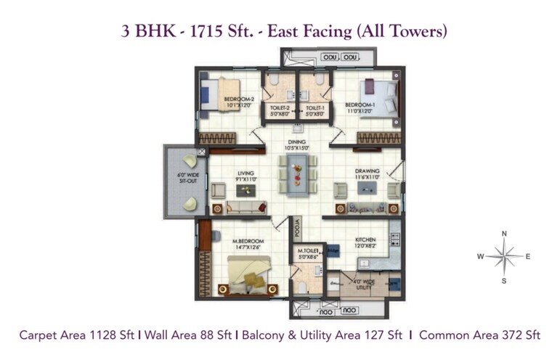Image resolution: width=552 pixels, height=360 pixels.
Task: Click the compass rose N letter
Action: coord(504,234)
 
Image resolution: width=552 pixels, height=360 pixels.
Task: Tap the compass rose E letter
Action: coord(528,256)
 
